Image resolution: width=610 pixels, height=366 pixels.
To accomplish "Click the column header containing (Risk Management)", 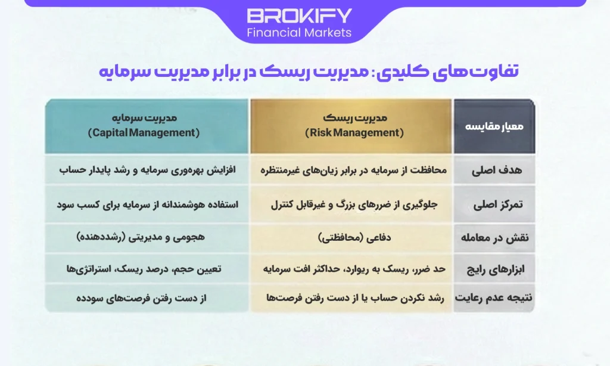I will coord(351,125).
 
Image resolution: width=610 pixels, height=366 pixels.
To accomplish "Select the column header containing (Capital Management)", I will coord(146,125).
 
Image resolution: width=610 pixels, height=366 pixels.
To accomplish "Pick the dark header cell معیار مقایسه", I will coord(494,126).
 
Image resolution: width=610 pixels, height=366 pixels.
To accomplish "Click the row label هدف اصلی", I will coord(494,170).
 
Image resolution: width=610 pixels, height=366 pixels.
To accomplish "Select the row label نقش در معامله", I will coord(494,237).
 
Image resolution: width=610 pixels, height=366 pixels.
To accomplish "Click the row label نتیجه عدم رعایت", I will coord(494,297).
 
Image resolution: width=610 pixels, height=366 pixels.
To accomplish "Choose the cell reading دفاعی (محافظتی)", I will coord(351,237).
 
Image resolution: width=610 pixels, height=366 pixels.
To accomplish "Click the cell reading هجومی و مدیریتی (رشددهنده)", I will coord(146,237).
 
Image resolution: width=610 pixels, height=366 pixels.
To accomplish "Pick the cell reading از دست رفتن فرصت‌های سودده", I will coord(146,297).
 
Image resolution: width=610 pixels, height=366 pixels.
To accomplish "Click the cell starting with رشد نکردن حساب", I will coord(351,297).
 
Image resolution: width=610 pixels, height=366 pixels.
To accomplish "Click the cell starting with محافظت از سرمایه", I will coord(351,170).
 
